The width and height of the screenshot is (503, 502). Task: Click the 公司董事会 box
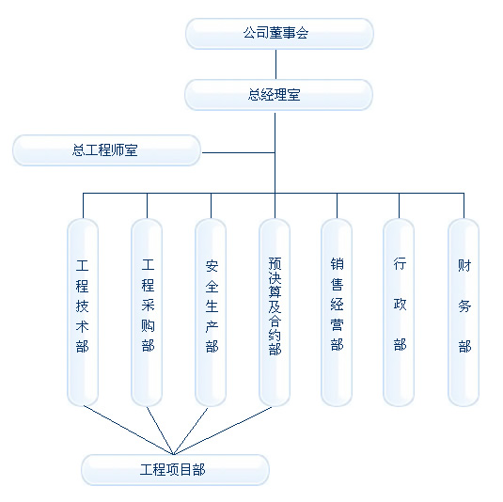tap(279, 34)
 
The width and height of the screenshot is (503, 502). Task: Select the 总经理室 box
tap(278, 95)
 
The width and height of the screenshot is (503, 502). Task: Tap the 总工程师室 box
tap(106, 150)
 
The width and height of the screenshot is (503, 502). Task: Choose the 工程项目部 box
tap(175, 470)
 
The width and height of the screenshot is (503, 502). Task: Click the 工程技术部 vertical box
tap(83, 312)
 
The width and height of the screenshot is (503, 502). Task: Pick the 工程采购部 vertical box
tap(147, 312)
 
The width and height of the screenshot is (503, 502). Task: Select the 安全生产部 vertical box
tap(211, 312)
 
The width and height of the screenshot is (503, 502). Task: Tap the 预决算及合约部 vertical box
tap(275, 312)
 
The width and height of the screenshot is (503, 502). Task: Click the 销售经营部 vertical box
tap(337, 312)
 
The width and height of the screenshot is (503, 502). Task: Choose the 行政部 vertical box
tap(399, 312)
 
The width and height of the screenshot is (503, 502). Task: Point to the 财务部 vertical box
tap(464, 312)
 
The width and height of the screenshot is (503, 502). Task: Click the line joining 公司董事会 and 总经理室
tap(275, 65)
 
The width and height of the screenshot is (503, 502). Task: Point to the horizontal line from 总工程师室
tap(239, 152)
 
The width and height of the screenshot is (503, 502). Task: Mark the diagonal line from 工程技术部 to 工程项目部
tap(128, 431)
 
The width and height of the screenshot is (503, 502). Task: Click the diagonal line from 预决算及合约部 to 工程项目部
tap(223, 431)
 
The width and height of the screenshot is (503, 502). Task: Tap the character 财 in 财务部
tap(464, 266)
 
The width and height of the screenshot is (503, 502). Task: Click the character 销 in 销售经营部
tap(338, 263)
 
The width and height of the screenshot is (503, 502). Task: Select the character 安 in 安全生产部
tap(212, 266)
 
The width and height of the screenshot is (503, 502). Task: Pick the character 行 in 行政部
tap(400, 263)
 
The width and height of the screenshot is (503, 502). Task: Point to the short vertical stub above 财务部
tap(464, 206)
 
